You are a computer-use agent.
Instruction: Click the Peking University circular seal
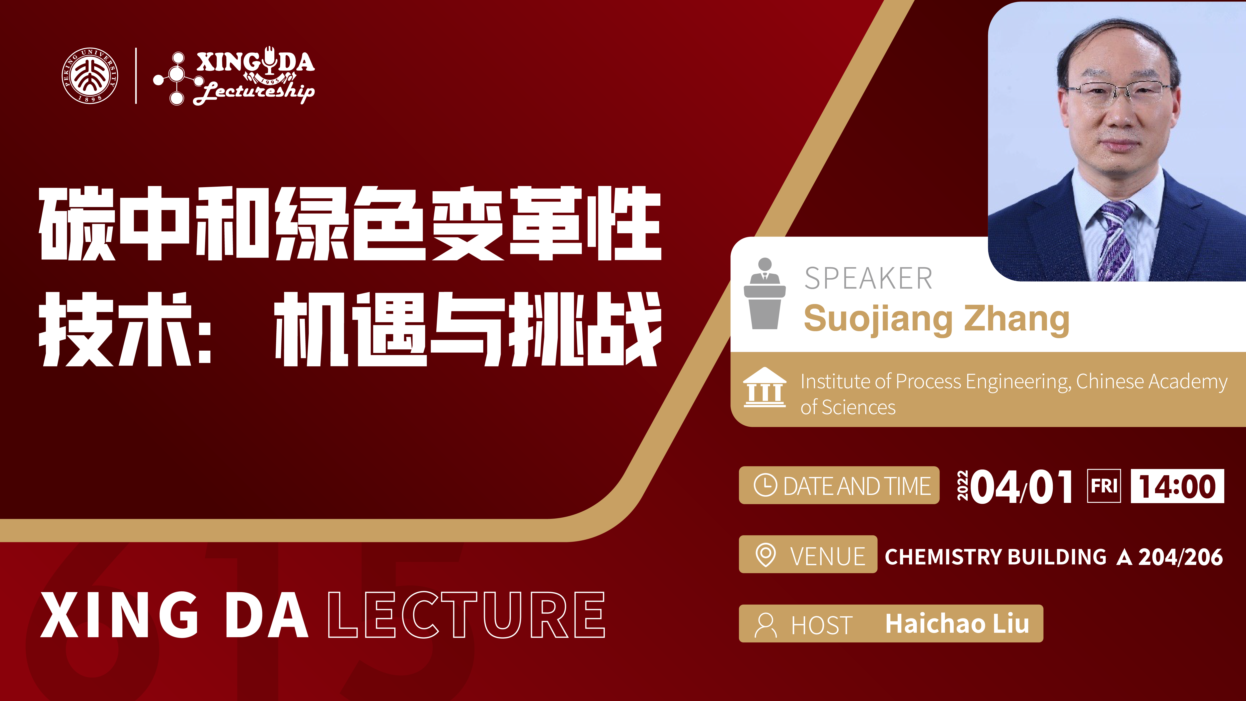click(90, 76)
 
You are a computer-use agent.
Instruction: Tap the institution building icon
click(765, 388)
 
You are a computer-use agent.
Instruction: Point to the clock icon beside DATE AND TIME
click(765, 485)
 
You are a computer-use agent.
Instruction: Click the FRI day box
click(1104, 486)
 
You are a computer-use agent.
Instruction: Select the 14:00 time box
click(1177, 486)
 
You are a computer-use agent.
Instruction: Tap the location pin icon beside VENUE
click(765, 555)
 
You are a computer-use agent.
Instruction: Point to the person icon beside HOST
click(765, 625)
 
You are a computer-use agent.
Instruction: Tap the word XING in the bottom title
click(119, 615)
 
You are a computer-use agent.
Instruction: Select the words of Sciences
click(848, 407)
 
